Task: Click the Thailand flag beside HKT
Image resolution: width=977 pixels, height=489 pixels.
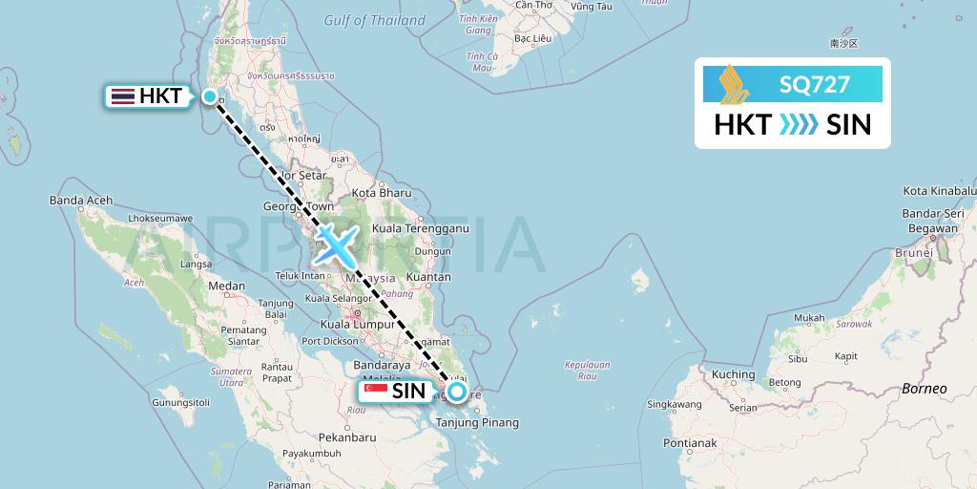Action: [x=122, y=96]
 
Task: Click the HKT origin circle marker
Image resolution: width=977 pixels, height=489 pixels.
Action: [x=210, y=96]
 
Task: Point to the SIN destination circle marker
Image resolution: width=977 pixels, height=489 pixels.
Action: [x=457, y=391]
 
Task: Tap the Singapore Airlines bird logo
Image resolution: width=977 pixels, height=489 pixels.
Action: [x=735, y=82]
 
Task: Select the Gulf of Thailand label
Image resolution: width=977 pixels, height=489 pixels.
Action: [x=374, y=20]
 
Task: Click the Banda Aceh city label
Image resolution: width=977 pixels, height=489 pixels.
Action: [x=81, y=201]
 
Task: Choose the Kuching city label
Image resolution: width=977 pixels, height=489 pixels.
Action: [x=733, y=374]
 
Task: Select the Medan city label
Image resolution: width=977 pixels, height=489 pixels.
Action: [x=227, y=286]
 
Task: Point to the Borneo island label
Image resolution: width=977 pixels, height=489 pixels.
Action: [x=924, y=389]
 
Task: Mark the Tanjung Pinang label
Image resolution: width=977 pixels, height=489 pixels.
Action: [x=477, y=422]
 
